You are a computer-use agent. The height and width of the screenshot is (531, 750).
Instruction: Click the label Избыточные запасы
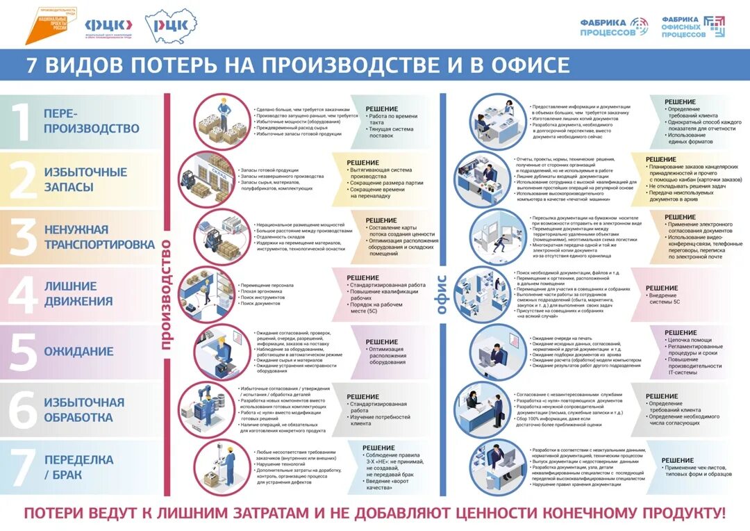(85, 179)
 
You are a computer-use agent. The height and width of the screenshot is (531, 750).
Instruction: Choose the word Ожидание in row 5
(78, 352)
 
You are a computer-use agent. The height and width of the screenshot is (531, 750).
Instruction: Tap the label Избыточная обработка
(84, 409)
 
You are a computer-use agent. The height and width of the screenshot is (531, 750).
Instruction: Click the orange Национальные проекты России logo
(51, 25)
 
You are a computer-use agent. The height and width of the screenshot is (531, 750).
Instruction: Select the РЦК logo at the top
(171, 26)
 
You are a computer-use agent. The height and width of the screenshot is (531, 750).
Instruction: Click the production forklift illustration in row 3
(217, 236)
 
